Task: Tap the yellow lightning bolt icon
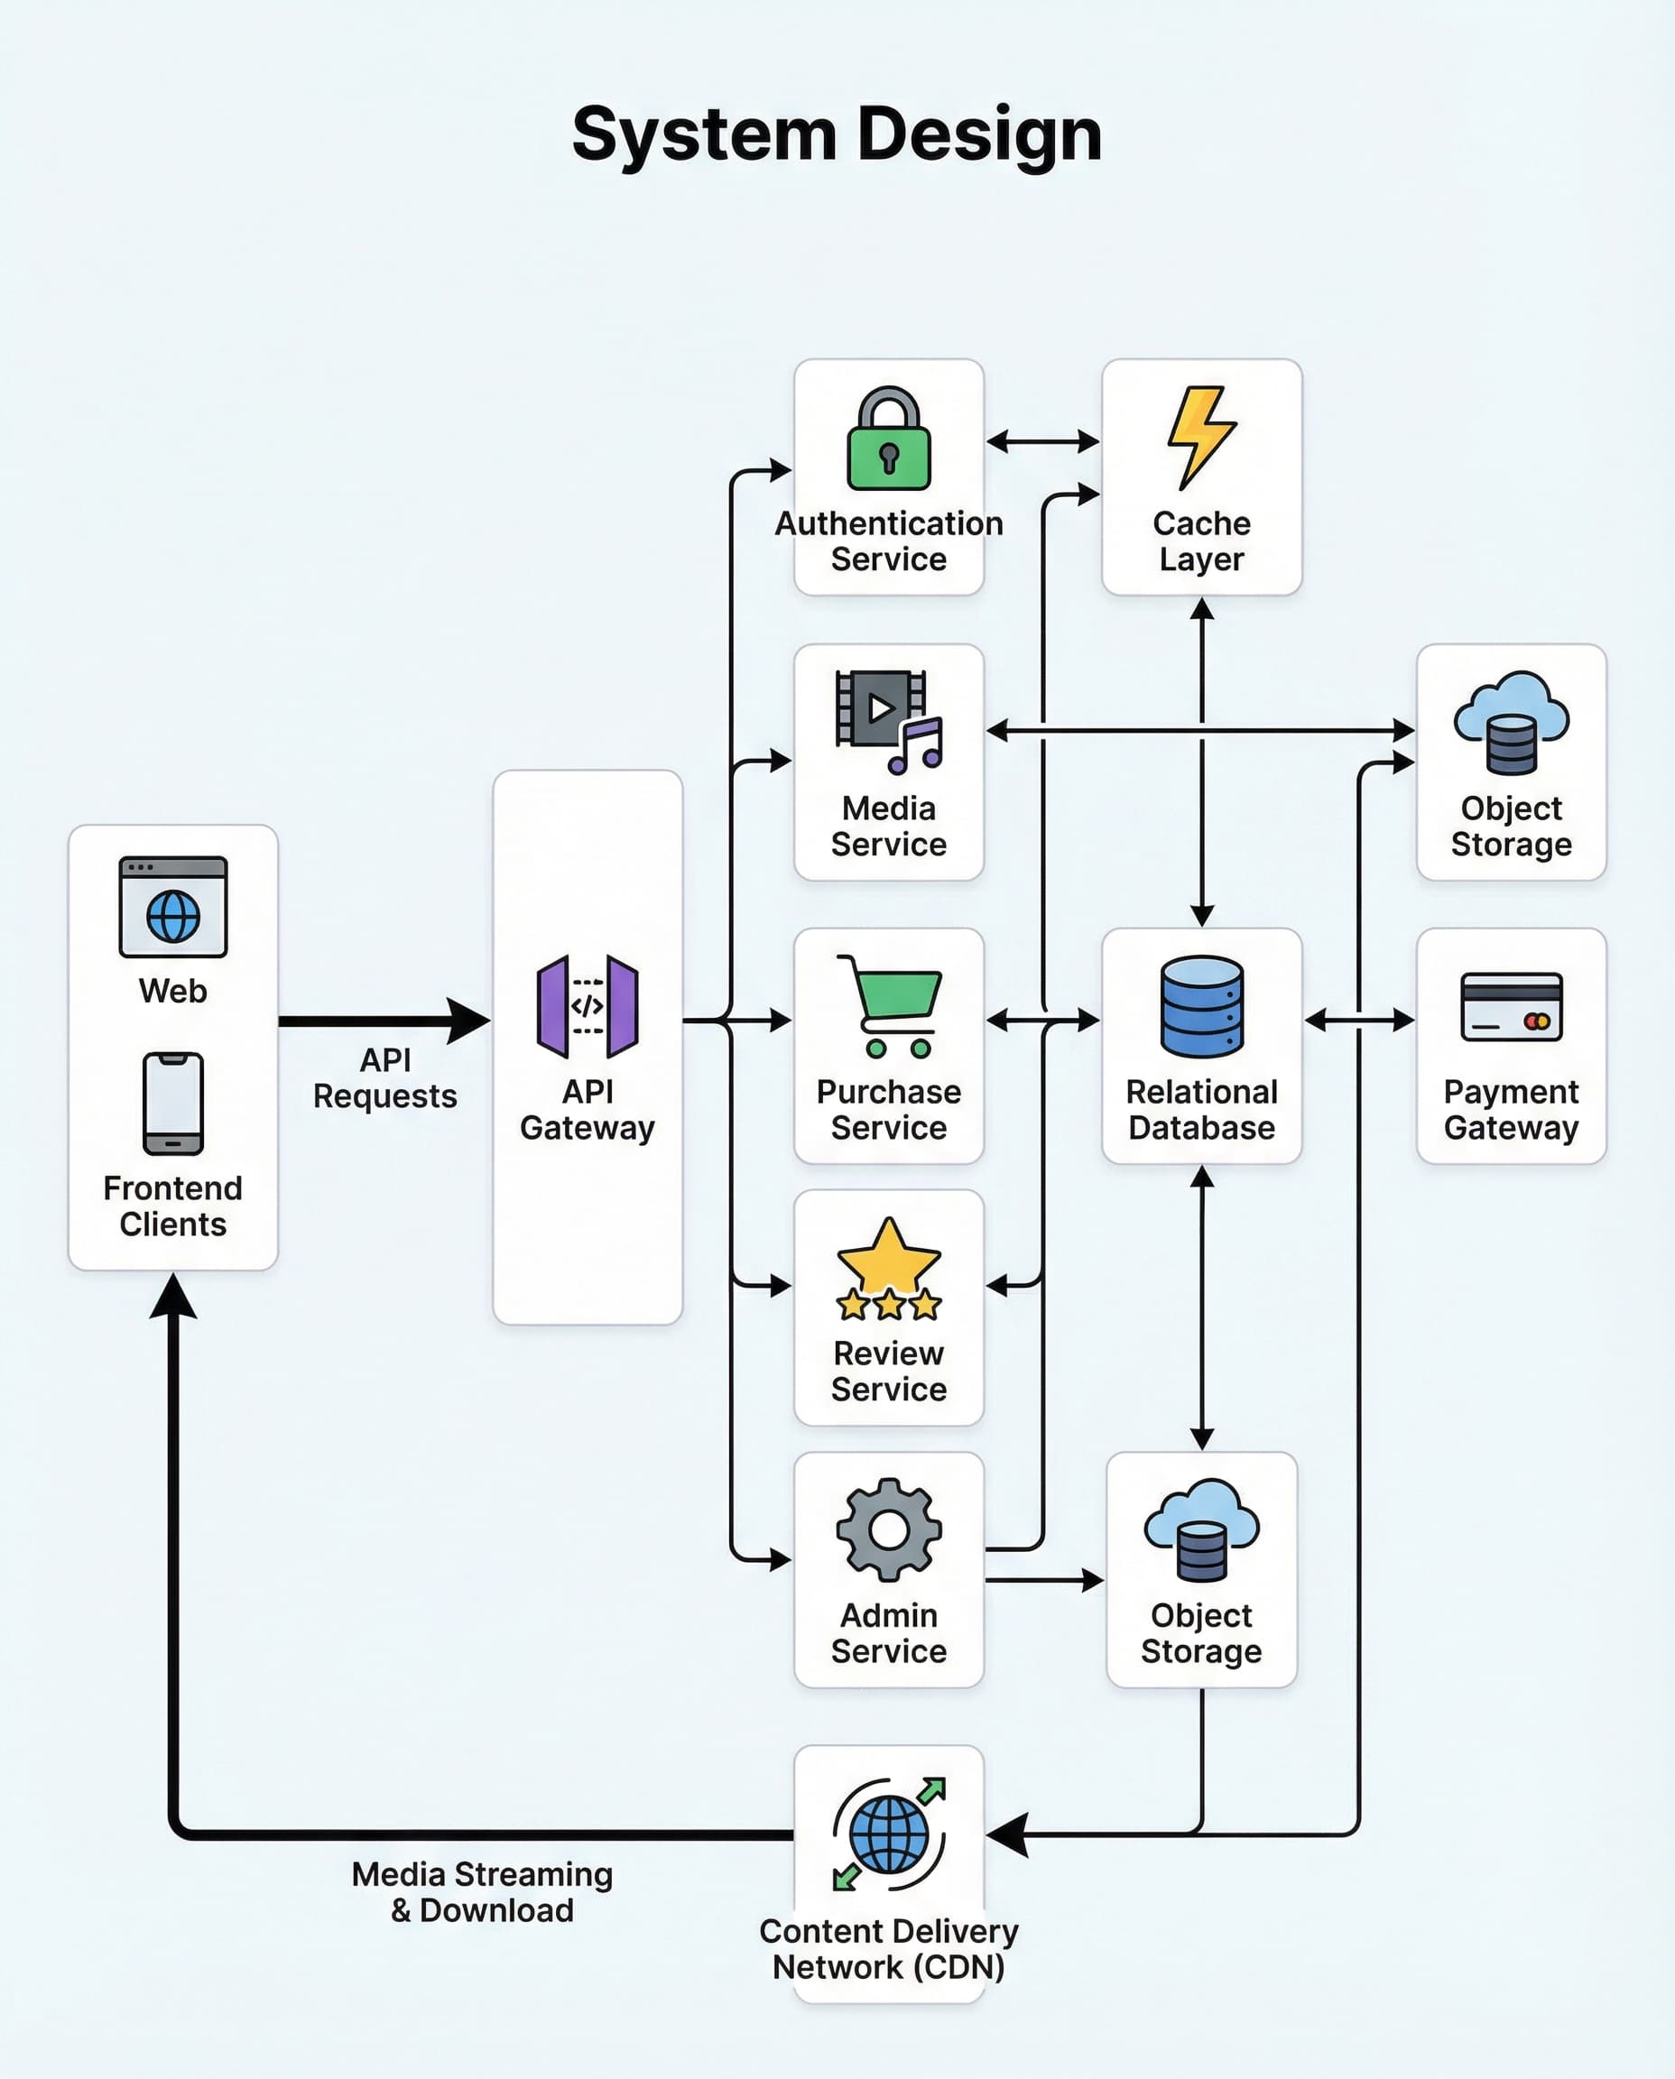1200,436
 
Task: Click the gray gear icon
889,1529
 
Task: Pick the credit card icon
1511,1006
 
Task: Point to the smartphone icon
172,1103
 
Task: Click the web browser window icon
172,906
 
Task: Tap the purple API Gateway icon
587,1005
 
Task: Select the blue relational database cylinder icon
1201,1005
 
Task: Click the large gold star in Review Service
889,1256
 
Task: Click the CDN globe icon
889,1833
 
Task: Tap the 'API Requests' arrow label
384,1077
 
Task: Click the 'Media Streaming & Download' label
481,1892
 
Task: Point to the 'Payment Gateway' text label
1511,1110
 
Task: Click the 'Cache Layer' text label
1201,541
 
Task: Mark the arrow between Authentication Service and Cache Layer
1042,442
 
